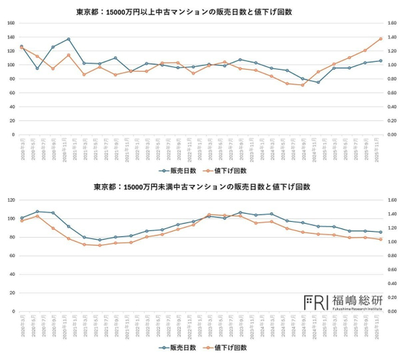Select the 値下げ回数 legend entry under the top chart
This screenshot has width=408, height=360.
point(229,171)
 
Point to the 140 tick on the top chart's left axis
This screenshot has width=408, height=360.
point(10,23)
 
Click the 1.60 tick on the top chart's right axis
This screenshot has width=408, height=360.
point(393,23)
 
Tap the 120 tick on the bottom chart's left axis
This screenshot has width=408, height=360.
point(10,200)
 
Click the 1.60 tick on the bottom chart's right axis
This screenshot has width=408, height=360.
point(393,200)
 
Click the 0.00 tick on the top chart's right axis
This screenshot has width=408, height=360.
point(393,134)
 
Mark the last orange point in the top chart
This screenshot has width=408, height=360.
point(381,39)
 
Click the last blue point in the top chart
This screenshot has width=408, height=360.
point(381,60)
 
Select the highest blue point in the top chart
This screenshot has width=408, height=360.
point(68,39)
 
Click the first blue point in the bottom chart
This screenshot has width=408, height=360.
point(22,217)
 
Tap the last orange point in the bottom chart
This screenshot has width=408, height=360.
point(381,239)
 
